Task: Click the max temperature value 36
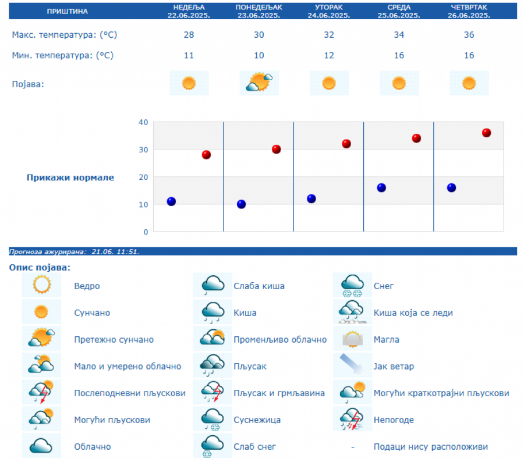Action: coord(469,35)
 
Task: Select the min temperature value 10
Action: coord(259,55)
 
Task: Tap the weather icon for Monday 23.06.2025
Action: coord(259,83)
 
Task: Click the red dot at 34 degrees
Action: coord(416,138)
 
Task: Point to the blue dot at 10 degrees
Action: coord(241,204)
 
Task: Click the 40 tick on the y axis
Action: coord(143,122)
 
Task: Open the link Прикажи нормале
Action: coord(70,177)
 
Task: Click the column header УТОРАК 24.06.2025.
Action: coord(329,11)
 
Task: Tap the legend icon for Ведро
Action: coord(42,285)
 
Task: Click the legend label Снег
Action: coord(384,286)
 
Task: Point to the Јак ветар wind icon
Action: coord(353,366)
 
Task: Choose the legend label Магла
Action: coord(387,340)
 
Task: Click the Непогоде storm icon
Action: coord(353,420)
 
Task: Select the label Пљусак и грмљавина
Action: coord(279,393)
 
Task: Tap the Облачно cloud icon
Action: coord(42,446)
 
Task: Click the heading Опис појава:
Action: coord(40,268)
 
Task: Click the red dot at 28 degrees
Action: coord(206,155)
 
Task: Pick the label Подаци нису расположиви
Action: coord(431,447)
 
